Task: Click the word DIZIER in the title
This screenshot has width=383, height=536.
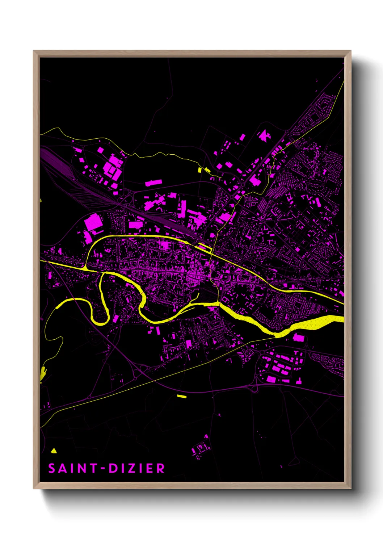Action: click(137, 468)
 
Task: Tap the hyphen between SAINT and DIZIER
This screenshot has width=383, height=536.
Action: click(103, 469)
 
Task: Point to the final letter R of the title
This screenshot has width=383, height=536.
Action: click(161, 468)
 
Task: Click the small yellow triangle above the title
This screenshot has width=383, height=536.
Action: click(54, 451)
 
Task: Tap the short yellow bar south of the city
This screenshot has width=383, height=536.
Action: click(182, 396)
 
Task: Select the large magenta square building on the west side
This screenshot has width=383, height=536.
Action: click(93, 222)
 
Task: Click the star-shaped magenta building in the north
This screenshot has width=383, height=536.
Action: click(264, 136)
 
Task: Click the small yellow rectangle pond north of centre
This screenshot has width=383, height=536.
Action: click(199, 169)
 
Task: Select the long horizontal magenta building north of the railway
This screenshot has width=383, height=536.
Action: click(153, 183)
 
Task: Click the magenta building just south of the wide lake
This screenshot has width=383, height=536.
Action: click(298, 338)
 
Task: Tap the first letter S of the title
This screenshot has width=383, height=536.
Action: click(52, 468)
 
